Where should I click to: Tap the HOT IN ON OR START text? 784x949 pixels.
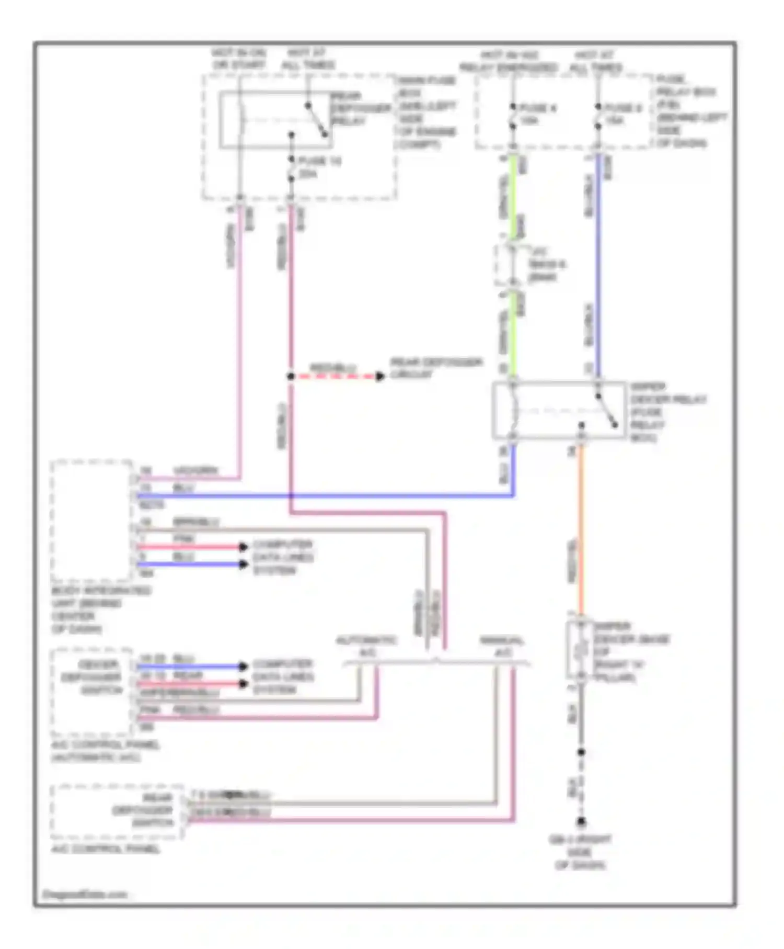click(239, 59)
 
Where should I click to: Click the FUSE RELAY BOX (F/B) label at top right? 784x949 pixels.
click(690, 111)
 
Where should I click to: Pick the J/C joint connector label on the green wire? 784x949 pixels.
click(546, 265)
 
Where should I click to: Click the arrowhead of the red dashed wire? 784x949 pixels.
click(380, 376)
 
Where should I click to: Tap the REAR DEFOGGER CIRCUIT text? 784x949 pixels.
click(436, 368)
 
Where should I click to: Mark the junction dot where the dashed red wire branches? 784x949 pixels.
click(291, 376)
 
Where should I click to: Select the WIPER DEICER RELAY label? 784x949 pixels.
click(667, 412)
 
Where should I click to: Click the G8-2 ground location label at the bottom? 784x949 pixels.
click(580, 852)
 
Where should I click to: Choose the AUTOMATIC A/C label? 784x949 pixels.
click(366, 647)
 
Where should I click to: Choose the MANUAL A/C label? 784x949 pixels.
click(502, 647)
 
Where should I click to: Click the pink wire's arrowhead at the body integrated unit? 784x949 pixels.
click(243, 547)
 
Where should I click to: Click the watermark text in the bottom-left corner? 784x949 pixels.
click(85, 894)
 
